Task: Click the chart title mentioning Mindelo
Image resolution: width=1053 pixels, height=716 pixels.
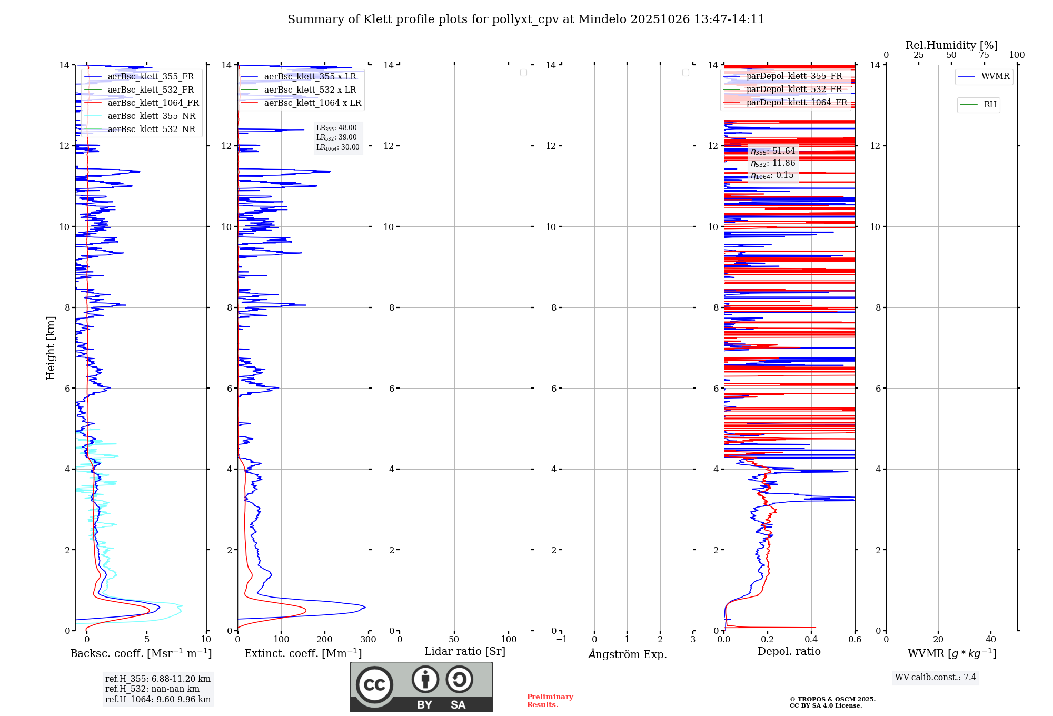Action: (525, 19)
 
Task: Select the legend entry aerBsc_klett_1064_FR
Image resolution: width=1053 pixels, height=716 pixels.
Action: (153, 103)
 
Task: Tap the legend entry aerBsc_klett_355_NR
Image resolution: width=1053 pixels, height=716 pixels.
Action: (151, 116)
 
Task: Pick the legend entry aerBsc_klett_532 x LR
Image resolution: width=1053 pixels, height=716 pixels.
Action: (310, 90)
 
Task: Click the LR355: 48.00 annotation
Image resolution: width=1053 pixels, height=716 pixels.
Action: (336, 128)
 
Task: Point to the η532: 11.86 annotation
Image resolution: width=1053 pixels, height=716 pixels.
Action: (772, 163)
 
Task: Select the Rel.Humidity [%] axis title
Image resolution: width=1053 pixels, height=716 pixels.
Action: (951, 45)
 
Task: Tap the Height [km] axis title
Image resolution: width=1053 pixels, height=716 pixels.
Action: (51, 348)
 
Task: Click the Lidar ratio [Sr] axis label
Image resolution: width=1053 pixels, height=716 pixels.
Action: (464, 652)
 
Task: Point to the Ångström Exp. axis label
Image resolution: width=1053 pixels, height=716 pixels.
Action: (627, 654)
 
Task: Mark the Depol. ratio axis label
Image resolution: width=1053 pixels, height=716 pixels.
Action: (789, 652)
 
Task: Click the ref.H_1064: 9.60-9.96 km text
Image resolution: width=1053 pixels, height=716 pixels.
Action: (157, 700)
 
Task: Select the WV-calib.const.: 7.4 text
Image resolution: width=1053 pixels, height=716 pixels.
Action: (935, 678)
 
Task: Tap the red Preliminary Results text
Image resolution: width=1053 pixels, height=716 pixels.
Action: (550, 701)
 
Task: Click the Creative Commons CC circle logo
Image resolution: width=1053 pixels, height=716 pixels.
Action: (374, 684)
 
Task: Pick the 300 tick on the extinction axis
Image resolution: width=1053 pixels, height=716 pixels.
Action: (369, 640)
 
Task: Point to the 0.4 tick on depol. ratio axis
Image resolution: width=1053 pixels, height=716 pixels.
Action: (811, 640)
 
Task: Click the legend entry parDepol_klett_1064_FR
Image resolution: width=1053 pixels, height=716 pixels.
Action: (796, 103)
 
